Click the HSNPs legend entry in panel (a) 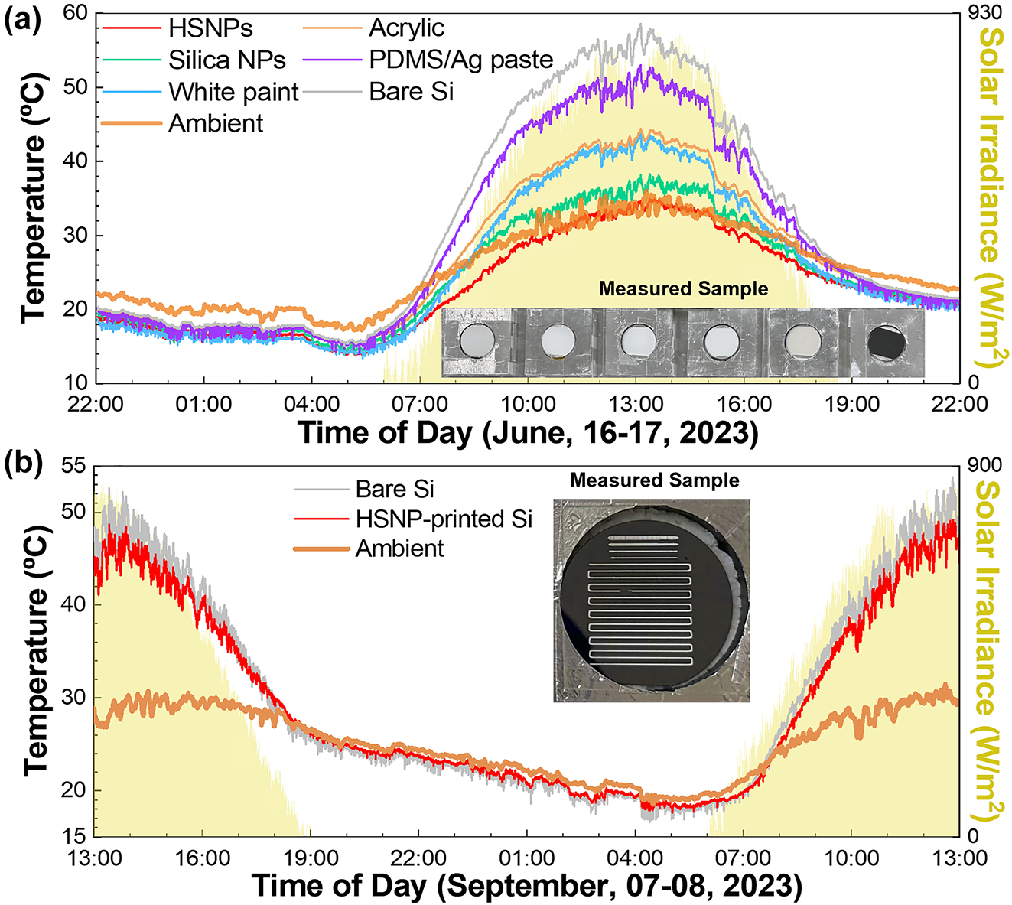click(210, 28)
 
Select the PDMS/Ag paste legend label click(460, 60)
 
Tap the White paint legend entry click(233, 92)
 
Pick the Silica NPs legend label click(227, 60)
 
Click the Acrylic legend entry click(406, 28)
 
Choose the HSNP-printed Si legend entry click(444, 519)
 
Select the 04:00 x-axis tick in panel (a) click(311, 403)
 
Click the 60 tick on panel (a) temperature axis click(74, 13)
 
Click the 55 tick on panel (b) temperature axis click(74, 466)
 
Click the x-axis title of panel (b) click(527, 887)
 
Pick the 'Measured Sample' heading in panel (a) click(683, 289)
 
